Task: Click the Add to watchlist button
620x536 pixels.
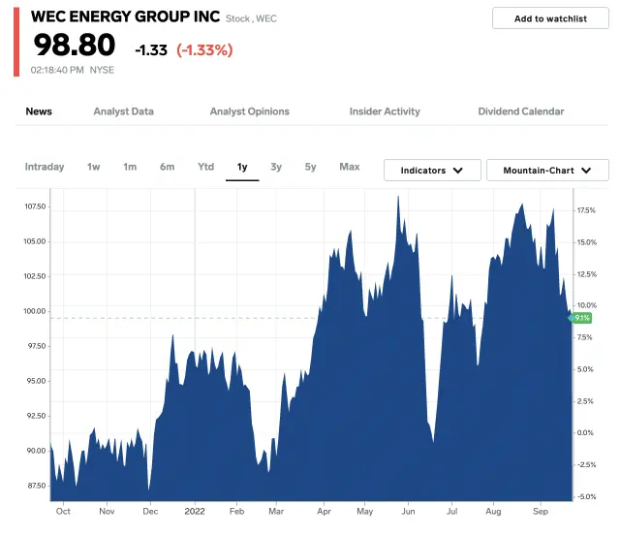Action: point(550,18)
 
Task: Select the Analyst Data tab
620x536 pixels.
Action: point(123,111)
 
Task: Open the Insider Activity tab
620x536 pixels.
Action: point(385,111)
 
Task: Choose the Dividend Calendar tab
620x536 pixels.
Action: point(520,111)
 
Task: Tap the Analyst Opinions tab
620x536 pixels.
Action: point(249,111)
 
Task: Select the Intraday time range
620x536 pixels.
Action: point(45,167)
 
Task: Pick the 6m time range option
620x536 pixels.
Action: point(168,167)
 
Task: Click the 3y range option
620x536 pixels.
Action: point(276,167)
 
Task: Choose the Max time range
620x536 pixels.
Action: point(350,167)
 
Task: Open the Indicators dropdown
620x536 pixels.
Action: point(431,171)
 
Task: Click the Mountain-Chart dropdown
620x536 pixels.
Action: point(547,171)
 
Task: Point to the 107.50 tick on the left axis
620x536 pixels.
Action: point(35,206)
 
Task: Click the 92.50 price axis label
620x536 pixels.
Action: point(35,416)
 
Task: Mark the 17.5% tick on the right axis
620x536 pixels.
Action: point(586,210)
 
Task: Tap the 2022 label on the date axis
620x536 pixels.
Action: point(195,510)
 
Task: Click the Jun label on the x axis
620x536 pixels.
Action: point(408,510)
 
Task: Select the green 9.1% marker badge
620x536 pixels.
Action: point(581,318)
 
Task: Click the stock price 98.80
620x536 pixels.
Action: point(75,46)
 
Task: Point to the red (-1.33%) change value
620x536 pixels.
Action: point(204,49)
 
